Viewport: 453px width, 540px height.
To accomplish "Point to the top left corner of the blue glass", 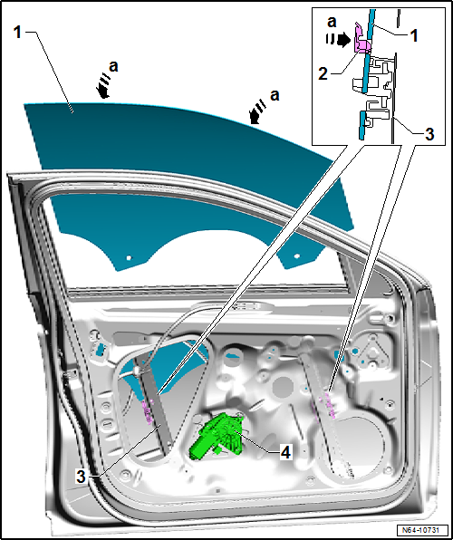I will click(24, 106).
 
